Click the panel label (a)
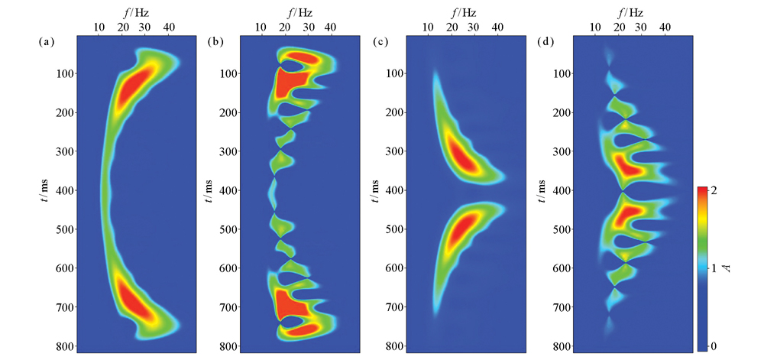tap(44, 42)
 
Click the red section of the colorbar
tap(704, 195)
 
